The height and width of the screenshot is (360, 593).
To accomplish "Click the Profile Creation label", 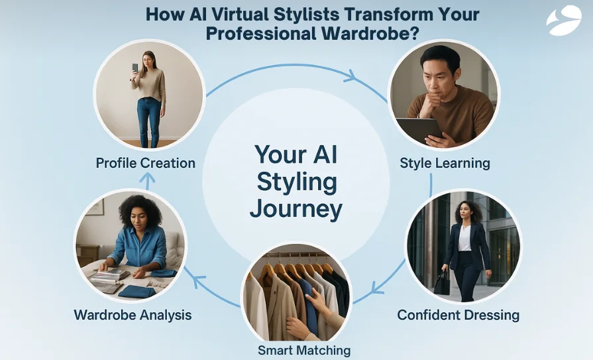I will (145, 162).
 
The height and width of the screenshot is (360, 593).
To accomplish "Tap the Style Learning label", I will (445, 162).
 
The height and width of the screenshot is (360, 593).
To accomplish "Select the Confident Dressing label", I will (458, 314).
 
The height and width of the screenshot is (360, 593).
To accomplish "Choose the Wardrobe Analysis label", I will (133, 314).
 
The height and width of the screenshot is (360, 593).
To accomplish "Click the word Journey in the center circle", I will (296, 209).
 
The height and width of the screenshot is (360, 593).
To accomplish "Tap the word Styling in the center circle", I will (296, 182).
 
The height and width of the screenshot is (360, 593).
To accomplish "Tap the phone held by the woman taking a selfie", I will (136, 68).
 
